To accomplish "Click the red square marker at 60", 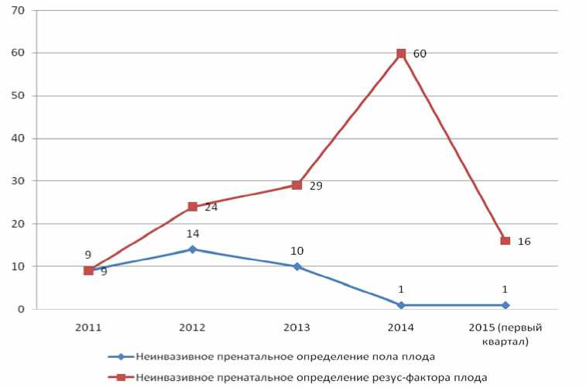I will (x=401, y=53).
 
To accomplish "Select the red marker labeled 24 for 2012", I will (x=192, y=207).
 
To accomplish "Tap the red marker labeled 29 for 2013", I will (x=296, y=185).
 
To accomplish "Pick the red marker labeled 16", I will (x=505, y=241).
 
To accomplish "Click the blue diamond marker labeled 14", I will (x=192, y=249).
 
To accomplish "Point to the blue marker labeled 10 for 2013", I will (x=296, y=266).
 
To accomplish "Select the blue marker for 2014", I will (x=401, y=304).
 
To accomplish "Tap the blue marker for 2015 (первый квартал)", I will (x=505, y=304).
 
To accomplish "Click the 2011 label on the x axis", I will (x=87, y=328).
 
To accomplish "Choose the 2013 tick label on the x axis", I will (x=296, y=328).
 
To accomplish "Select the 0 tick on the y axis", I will (x=22, y=309).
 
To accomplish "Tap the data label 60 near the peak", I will (x=420, y=53).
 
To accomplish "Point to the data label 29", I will (x=316, y=187).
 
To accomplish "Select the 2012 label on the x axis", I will (x=192, y=328).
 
